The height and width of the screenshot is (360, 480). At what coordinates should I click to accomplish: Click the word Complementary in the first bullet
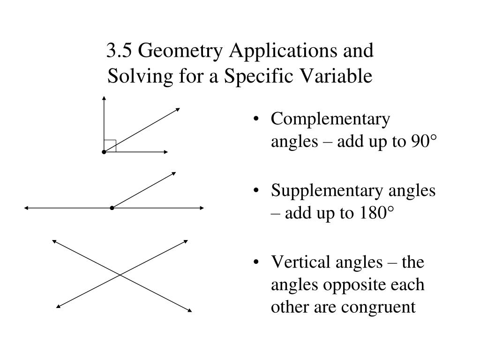tap(330, 120)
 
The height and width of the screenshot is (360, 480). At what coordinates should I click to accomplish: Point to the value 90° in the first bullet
tap(423, 142)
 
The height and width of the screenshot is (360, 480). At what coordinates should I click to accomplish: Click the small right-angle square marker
tap(110, 146)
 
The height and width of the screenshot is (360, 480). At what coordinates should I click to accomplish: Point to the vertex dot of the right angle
tap(104, 152)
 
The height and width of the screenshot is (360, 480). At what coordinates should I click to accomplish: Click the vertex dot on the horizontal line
tap(112, 208)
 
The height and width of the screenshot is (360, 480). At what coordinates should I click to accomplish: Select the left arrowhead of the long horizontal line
tap(27, 208)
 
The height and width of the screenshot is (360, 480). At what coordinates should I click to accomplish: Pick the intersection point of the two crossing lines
tap(121, 275)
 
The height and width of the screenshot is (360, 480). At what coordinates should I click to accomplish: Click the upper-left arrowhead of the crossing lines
tap(54, 241)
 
